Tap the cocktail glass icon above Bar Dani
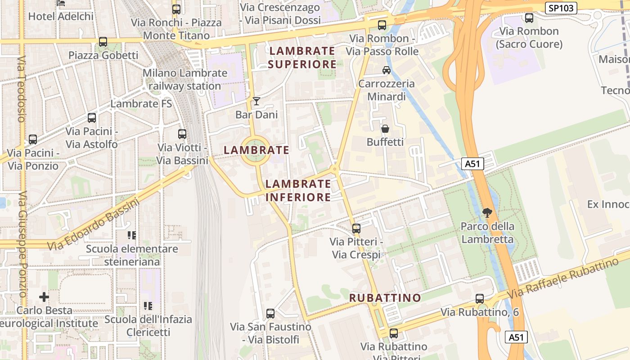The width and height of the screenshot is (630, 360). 256,101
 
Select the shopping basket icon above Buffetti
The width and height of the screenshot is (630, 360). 385,129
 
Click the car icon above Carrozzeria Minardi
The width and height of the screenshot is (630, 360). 386,70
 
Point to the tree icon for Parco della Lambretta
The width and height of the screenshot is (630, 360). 487,212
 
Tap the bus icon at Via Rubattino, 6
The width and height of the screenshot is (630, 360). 480,299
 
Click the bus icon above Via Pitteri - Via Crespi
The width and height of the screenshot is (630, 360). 356,229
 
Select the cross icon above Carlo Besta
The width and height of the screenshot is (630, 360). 44,297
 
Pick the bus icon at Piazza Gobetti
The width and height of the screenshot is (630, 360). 103,42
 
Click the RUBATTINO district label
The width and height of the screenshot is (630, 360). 385,298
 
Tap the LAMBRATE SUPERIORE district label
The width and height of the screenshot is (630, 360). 302,58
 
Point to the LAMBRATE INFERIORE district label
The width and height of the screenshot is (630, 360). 298,190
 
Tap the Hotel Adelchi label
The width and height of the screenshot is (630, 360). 61,17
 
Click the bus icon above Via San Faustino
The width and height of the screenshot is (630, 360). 270,314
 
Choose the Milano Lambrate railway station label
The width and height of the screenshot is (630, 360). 185,79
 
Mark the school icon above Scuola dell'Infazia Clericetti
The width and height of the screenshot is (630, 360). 148,306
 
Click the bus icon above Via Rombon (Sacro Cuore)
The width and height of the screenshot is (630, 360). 529,18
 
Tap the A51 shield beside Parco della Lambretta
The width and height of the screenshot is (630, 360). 472,164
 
